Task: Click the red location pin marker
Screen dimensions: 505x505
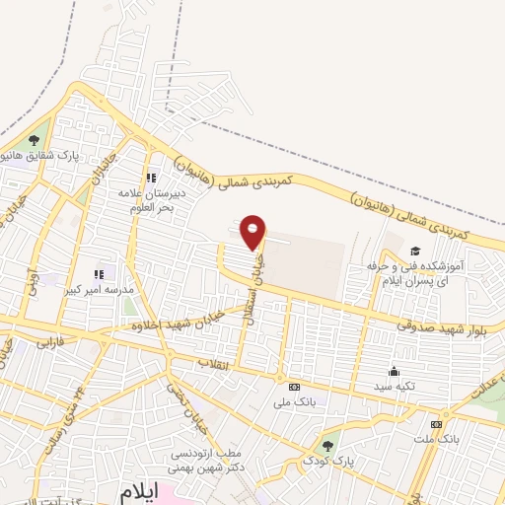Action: tap(253, 231)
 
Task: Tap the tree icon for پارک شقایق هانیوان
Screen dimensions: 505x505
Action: tap(36, 139)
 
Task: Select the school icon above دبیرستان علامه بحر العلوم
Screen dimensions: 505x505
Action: tap(151, 178)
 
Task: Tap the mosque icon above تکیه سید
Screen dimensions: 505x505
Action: tap(394, 372)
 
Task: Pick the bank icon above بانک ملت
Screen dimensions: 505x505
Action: tap(436, 424)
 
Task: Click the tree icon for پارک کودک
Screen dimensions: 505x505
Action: tap(327, 445)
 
